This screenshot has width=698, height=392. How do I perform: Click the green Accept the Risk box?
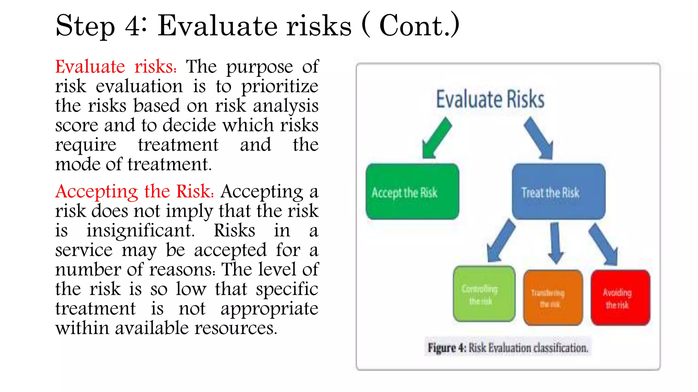click(412, 192)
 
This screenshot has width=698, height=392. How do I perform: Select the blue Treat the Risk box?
click(559, 192)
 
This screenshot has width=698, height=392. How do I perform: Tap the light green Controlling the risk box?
click(484, 294)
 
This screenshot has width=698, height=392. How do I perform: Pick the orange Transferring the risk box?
click(553, 298)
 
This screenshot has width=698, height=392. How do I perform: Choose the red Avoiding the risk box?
click(620, 298)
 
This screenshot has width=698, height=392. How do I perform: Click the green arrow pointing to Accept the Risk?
click(436, 138)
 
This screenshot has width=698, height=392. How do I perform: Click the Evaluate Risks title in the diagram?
click(490, 99)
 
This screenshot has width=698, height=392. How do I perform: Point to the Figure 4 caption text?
click(508, 348)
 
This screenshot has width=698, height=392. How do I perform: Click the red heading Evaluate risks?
click(116, 67)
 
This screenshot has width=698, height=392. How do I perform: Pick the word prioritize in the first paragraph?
click(280, 86)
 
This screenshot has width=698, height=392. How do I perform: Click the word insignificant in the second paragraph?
click(140, 231)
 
